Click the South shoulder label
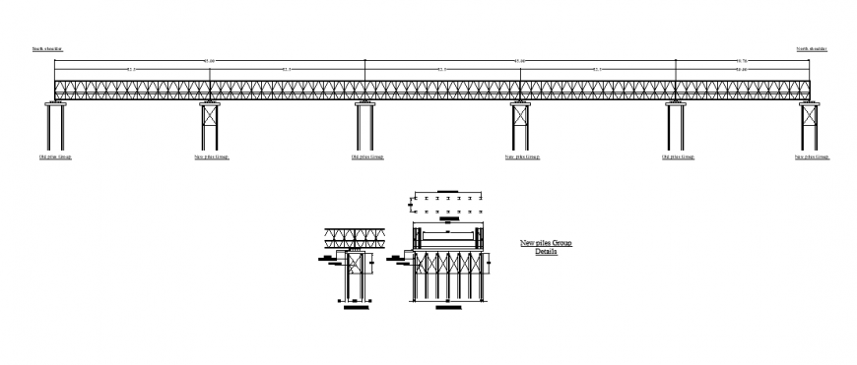(x=47, y=48)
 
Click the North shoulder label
(x=812, y=48)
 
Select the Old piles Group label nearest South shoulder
(x=55, y=156)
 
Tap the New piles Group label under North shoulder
(x=813, y=156)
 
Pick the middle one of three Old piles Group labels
(x=367, y=156)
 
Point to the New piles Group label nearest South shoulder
(x=212, y=156)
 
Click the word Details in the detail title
(x=546, y=252)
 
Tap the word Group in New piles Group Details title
(x=560, y=242)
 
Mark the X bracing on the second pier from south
(x=210, y=114)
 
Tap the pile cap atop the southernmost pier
(x=55, y=101)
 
